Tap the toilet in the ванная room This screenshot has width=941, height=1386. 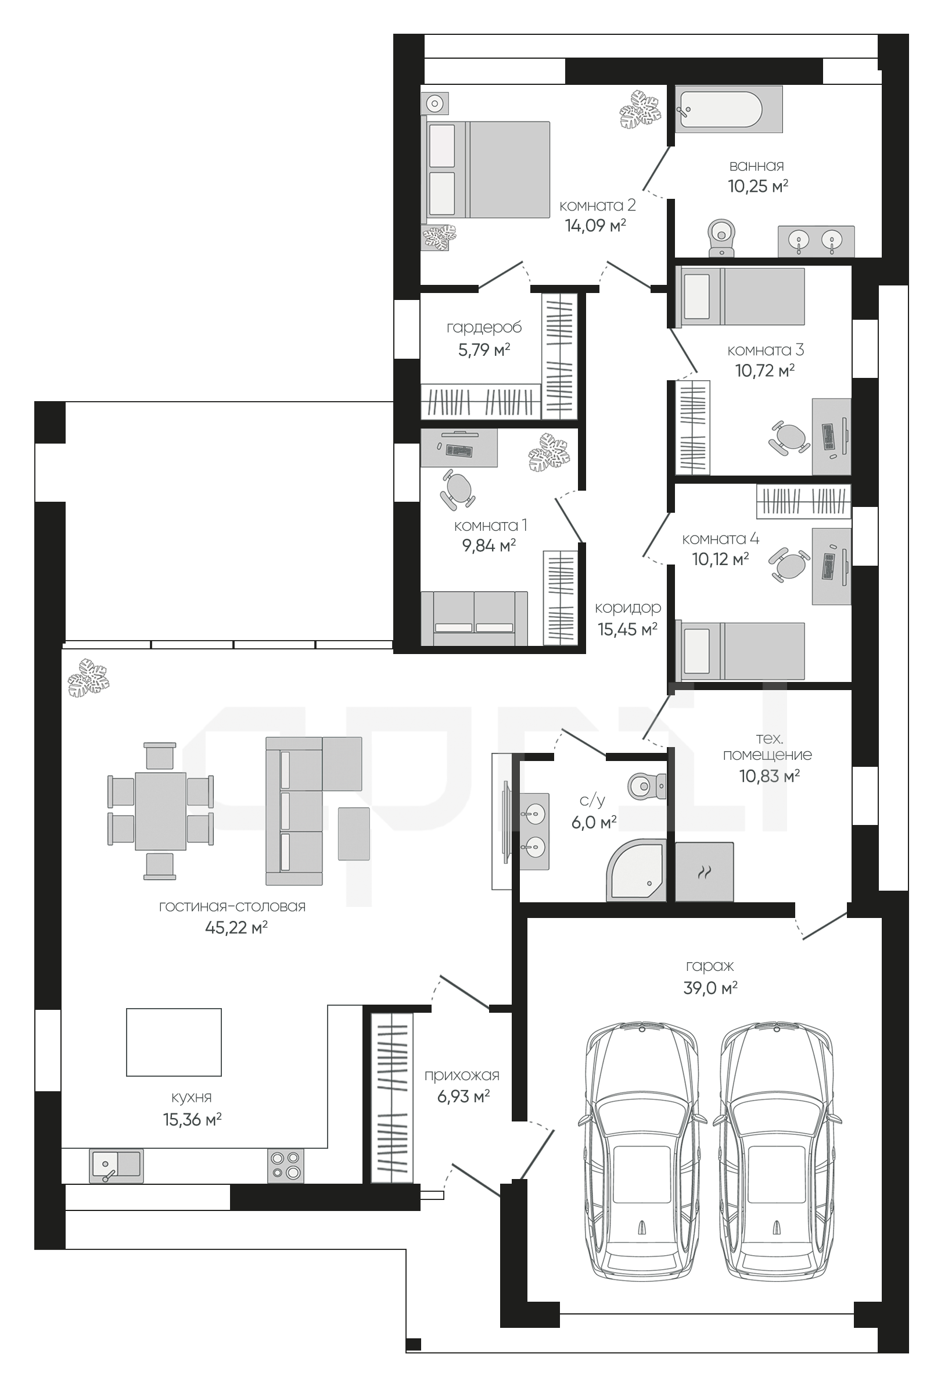point(721,237)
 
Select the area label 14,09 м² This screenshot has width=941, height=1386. point(595,226)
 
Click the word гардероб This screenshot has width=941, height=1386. point(484,327)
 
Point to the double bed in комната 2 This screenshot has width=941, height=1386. point(486,170)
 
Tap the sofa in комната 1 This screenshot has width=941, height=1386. point(475,619)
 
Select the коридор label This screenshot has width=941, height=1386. point(628,608)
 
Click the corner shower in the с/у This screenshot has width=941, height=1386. point(636,871)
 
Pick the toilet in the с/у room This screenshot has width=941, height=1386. point(647,786)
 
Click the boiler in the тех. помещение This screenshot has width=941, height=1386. point(705,872)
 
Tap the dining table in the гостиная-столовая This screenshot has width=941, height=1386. point(160,811)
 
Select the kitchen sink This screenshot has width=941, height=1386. point(116,1165)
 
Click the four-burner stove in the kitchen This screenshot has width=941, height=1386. point(285,1165)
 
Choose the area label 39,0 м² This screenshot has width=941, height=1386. point(710,988)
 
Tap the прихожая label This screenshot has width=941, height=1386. point(462,1076)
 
